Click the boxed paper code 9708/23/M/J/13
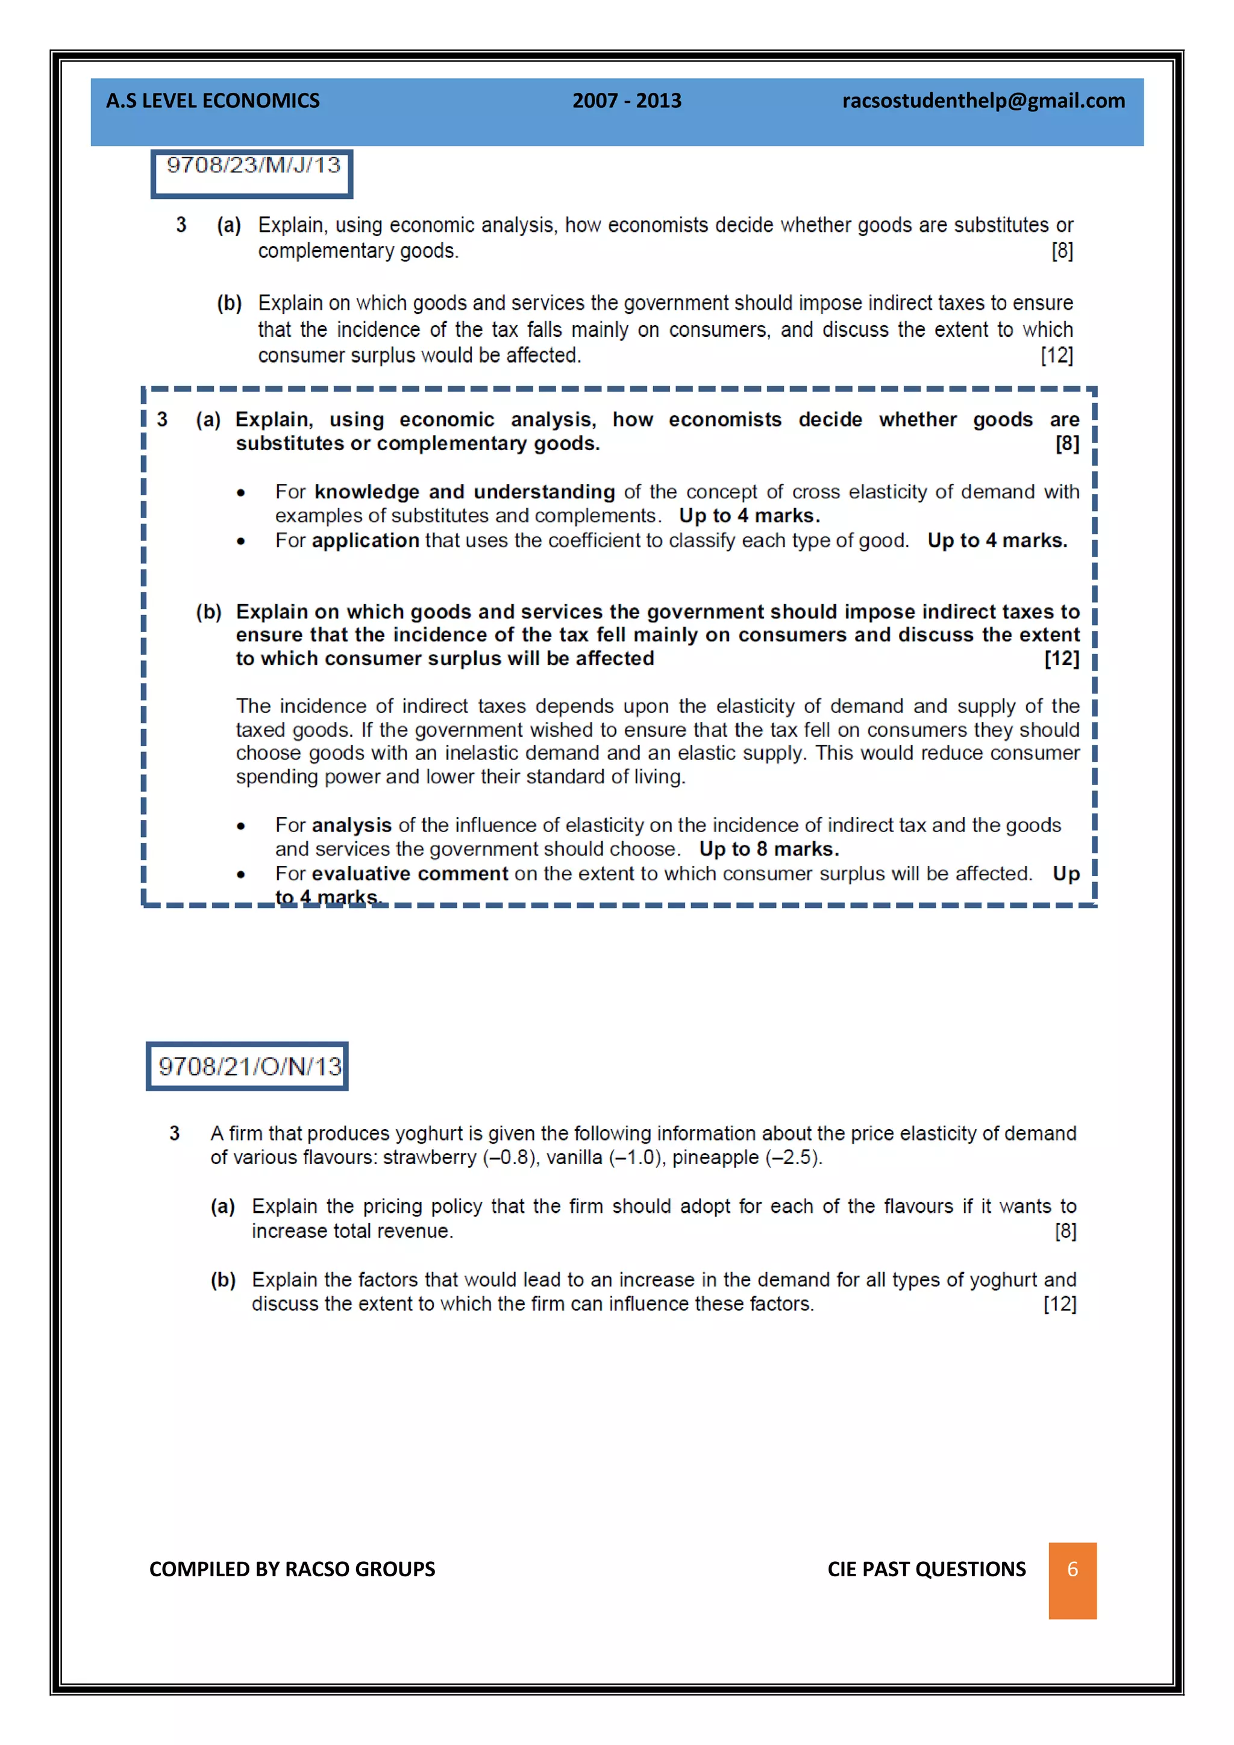252,166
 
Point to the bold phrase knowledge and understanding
465,492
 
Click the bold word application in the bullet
366,540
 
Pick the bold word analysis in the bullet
352,826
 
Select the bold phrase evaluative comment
410,874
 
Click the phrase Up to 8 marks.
768,849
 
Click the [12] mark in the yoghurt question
1059,1304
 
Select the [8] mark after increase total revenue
1065,1231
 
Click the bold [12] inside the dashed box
1062,659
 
